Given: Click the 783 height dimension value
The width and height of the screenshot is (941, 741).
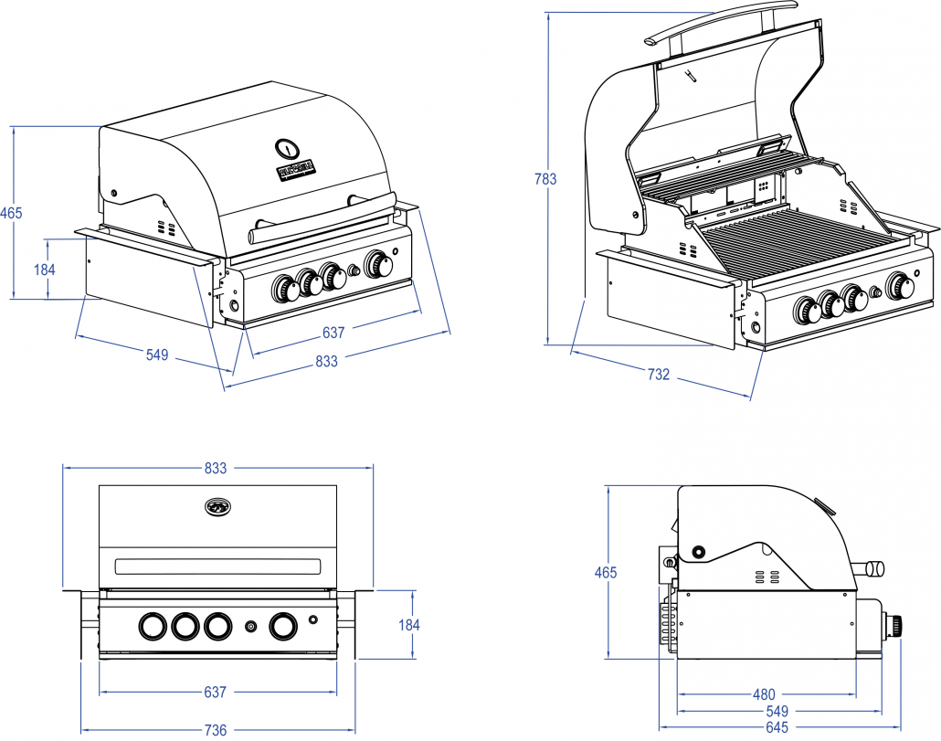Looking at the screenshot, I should [x=545, y=179].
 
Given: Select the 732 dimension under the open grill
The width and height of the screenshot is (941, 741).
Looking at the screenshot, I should [x=659, y=375].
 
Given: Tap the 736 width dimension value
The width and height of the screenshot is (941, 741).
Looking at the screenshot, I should [x=215, y=730].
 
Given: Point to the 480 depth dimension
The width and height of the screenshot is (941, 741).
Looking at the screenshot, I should [x=764, y=694].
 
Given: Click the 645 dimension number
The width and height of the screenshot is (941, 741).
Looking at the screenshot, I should [x=776, y=728].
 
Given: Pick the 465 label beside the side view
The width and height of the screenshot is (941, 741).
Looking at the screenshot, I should [x=605, y=573].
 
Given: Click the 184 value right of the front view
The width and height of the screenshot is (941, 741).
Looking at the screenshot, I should [x=408, y=625].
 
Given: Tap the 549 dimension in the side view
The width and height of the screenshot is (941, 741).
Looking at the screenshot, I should [x=777, y=711].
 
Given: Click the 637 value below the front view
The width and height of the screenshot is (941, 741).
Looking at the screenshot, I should [x=215, y=693].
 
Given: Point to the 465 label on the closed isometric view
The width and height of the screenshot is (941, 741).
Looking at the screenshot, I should [x=11, y=213].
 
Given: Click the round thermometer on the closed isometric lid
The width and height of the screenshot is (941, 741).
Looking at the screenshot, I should [x=287, y=148].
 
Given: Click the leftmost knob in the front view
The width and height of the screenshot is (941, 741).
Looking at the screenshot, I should [x=150, y=626].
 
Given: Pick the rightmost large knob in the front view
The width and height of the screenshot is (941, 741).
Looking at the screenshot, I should [x=282, y=626].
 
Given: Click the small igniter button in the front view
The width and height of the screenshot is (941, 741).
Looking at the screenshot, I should [x=250, y=627].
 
